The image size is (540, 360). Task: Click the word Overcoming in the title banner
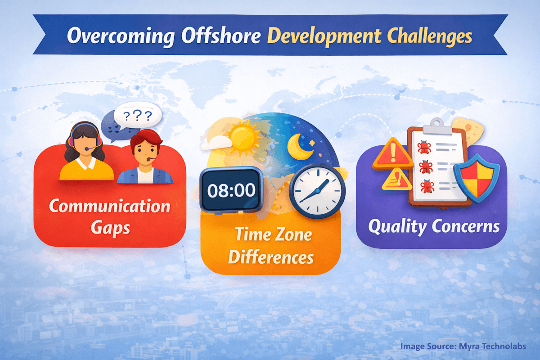117,36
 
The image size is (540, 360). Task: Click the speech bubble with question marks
137,117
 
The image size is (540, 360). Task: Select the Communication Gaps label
109,216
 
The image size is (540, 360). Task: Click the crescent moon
299,147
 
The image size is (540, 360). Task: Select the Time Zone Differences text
270,246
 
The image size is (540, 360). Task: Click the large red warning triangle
392,153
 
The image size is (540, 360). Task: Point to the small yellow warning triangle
396,180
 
